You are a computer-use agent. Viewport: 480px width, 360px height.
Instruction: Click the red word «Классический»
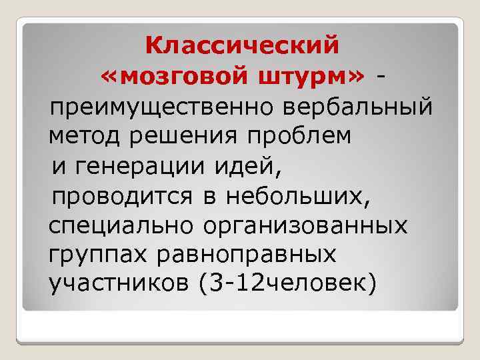coord(242,46)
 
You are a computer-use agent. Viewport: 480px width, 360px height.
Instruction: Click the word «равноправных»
coord(243,255)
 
